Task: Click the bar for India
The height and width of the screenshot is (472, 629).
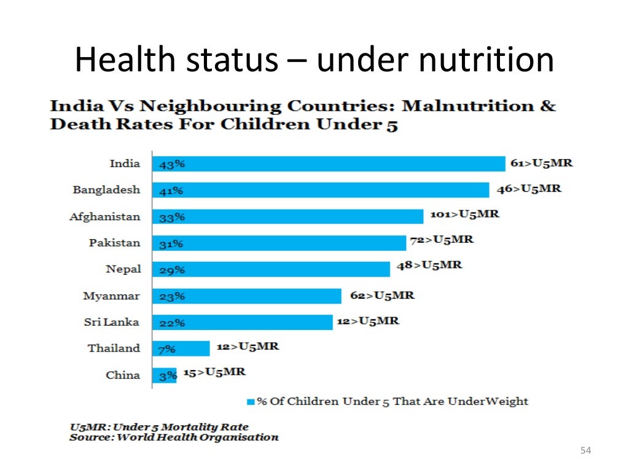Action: pyautogui.click(x=329, y=164)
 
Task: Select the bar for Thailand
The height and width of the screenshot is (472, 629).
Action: pyautogui.click(x=181, y=348)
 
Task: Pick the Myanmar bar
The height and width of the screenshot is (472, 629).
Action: pyautogui.click(x=246, y=296)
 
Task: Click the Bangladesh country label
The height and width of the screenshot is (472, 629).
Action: pyautogui.click(x=106, y=190)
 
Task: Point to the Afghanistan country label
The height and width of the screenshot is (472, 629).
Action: pyautogui.click(x=104, y=216)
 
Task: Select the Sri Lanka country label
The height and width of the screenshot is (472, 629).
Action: pyautogui.click(x=111, y=322)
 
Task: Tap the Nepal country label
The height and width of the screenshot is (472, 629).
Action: pyautogui.click(x=123, y=269)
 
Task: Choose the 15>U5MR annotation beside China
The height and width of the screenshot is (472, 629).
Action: pyautogui.click(x=214, y=372)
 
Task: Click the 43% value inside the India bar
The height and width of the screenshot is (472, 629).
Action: pyautogui.click(x=171, y=165)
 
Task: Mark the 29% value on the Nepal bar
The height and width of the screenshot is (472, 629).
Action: pyautogui.click(x=171, y=270)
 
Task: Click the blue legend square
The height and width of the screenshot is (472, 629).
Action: pyautogui.click(x=250, y=402)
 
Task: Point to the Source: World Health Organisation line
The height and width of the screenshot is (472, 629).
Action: pyautogui.click(x=174, y=438)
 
